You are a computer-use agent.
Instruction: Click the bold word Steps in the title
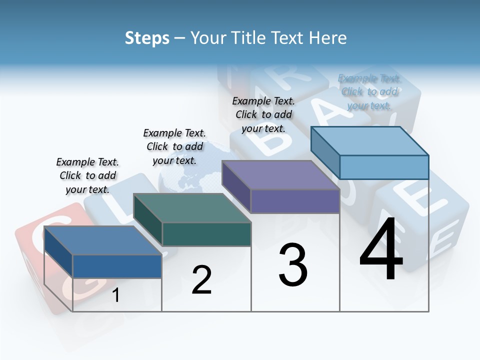[146, 38]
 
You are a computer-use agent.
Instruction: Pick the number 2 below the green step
[201, 279]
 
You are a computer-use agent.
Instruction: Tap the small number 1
[115, 295]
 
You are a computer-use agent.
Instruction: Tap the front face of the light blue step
[384, 167]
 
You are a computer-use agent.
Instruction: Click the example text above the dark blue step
[87, 175]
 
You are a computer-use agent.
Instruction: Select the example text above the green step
[174, 146]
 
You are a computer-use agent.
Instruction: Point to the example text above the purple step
[263, 114]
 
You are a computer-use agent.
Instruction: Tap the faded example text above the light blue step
[369, 91]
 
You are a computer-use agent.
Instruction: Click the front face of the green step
[206, 234]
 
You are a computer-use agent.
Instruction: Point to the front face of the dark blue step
[117, 266]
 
